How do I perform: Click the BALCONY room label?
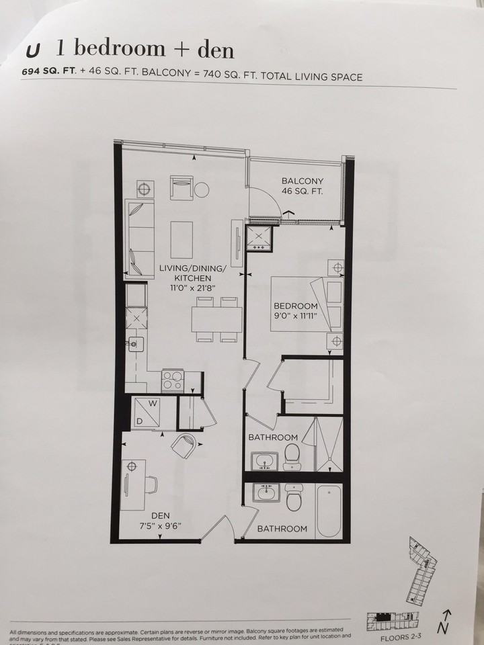[302, 181]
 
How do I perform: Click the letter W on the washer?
[154, 404]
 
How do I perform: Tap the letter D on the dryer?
[139, 421]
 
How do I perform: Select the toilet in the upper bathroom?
[291, 458]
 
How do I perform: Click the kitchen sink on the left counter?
[137, 344]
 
